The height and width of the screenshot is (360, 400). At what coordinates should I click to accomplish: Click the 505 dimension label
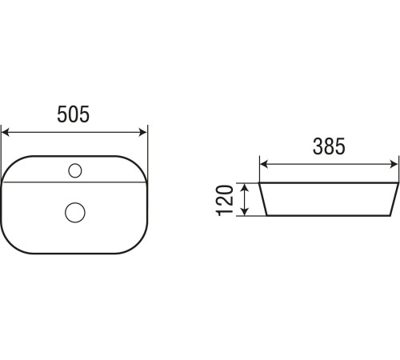[74, 114]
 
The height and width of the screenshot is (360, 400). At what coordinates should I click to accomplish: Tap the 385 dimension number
[329, 146]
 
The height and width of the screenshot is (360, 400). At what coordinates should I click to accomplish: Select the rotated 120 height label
[225, 200]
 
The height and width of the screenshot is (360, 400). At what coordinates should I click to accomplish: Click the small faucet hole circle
[75, 170]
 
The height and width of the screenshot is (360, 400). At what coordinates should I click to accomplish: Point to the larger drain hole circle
[75, 212]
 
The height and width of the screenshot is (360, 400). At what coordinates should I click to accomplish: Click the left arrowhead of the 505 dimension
[6, 132]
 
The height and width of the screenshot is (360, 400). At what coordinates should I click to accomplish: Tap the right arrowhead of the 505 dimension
[143, 132]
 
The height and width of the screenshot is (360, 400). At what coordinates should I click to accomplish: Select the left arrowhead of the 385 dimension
[264, 164]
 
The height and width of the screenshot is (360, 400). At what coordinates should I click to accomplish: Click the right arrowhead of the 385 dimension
[394, 164]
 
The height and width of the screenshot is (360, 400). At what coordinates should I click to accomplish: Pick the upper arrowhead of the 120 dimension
[245, 187]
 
